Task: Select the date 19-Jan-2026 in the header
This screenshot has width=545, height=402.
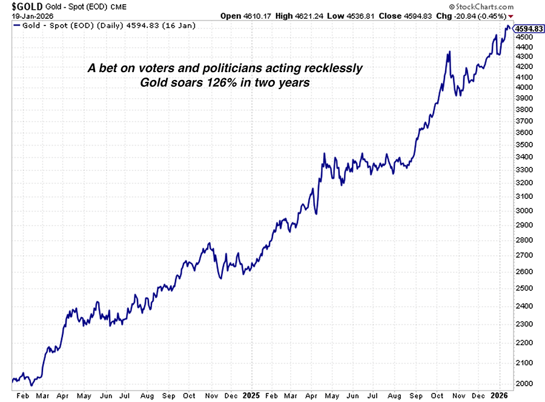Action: [28, 16]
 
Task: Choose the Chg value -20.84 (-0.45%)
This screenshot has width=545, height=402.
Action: [478, 16]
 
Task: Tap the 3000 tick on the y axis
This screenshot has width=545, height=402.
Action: [524, 210]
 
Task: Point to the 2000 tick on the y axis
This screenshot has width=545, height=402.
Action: [524, 383]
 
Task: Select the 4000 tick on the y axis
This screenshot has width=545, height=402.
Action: [524, 87]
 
